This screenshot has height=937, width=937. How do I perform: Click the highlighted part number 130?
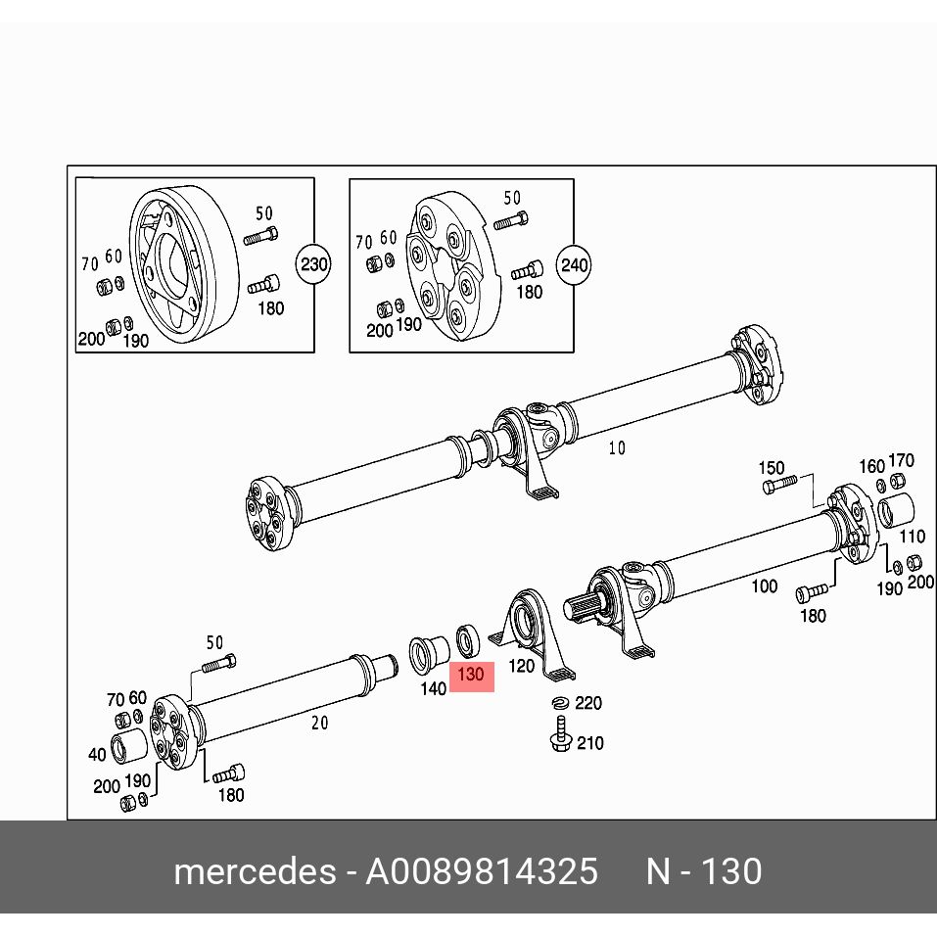point(471,675)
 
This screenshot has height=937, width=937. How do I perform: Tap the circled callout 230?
point(313,264)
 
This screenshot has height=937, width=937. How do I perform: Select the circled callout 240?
point(574,264)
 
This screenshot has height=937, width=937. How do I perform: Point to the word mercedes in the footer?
point(254,871)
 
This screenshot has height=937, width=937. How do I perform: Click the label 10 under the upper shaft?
point(616,448)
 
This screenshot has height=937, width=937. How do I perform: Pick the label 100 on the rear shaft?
point(764,586)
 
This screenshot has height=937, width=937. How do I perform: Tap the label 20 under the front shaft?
point(319,723)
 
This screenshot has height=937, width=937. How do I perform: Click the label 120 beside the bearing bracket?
point(522,666)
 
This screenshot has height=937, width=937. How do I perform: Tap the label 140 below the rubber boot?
point(433,688)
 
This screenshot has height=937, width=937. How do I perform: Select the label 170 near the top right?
point(901,460)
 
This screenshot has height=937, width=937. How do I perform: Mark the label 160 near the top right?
point(871,466)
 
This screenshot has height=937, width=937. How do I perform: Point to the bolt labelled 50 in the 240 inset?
point(511,221)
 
